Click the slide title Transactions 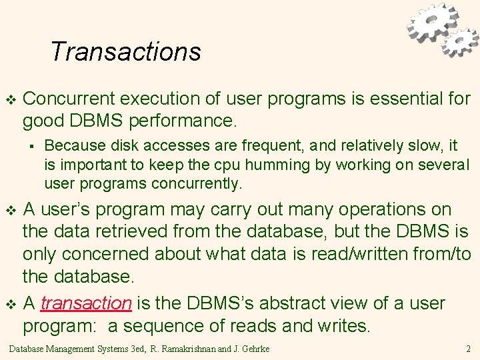[x=125, y=51]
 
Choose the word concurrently [x=197, y=183]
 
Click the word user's [x=70, y=209]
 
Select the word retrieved [x=148, y=232]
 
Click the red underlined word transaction [x=86, y=303]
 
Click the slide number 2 [x=469, y=348]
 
